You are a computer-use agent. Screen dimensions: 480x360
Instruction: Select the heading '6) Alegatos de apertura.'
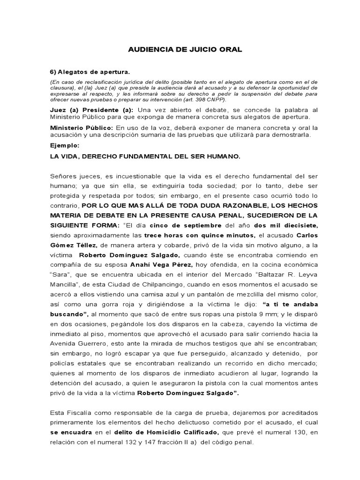90,72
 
